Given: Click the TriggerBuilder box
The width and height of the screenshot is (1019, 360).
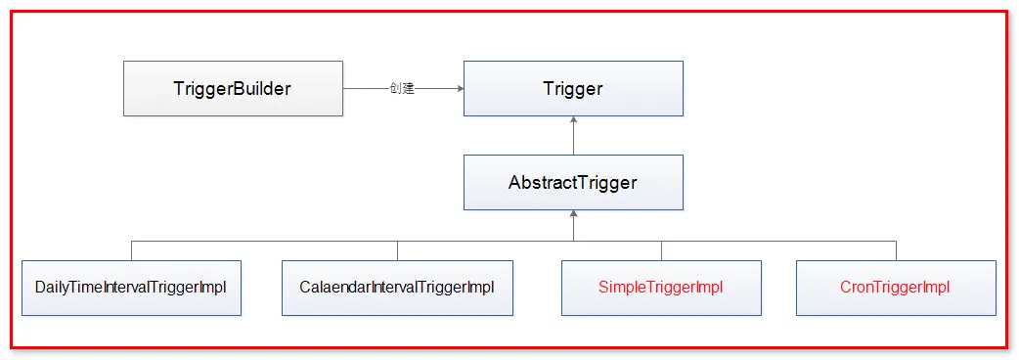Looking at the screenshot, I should (x=233, y=89).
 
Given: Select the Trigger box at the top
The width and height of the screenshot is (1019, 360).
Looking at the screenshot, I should (x=573, y=89).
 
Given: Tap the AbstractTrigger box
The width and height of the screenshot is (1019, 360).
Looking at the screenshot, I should (x=573, y=182).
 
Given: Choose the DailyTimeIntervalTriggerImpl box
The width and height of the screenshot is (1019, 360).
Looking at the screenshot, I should (x=131, y=288).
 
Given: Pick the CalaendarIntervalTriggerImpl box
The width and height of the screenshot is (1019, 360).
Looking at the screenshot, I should (x=397, y=288).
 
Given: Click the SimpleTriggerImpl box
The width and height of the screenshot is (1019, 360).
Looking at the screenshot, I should (x=661, y=288).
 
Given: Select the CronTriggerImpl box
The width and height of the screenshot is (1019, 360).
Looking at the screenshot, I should (x=896, y=288).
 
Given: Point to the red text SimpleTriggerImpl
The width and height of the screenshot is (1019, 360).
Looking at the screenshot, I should (x=661, y=288).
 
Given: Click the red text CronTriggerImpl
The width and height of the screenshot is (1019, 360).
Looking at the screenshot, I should (x=896, y=288).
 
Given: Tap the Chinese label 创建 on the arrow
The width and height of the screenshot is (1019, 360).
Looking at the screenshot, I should (x=402, y=89).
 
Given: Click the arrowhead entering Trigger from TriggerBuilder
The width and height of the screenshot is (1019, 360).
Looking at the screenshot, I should (x=458, y=89).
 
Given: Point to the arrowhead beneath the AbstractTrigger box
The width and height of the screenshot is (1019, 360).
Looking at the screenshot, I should (x=574, y=215).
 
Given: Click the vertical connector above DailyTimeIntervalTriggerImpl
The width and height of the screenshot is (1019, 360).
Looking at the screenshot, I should (x=131, y=250).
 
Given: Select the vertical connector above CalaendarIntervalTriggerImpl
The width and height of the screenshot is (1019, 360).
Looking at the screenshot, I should (x=397, y=250).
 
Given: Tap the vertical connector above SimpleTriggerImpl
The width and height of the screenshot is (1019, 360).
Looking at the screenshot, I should (x=661, y=250).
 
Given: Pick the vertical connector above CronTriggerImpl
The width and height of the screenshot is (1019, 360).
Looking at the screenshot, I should (x=896, y=250).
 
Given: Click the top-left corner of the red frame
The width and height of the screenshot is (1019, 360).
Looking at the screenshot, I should (x=12, y=12).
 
